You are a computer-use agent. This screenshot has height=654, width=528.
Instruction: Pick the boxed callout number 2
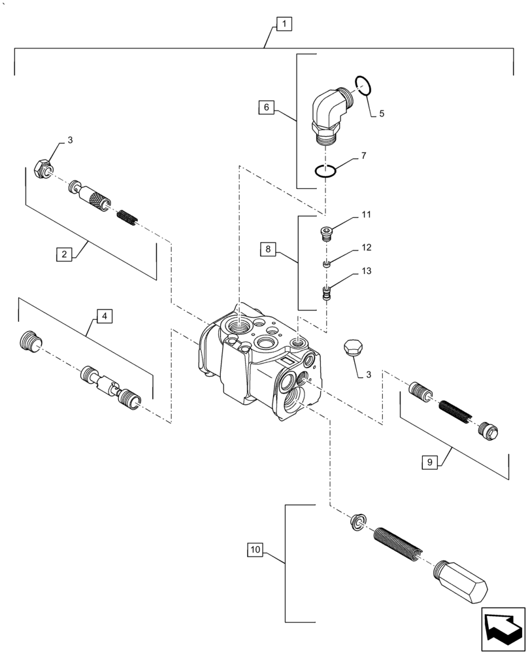(x=63, y=254)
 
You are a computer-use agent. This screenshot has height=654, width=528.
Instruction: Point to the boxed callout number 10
(x=256, y=551)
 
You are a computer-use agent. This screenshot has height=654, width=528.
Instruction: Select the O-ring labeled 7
(x=325, y=171)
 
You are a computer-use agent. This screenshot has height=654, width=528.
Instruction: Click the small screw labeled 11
(x=327, y=233)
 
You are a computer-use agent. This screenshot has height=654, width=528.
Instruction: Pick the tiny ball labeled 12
(x=327, y=264)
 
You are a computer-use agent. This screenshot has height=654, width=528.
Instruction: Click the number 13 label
(x=367, y=271)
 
